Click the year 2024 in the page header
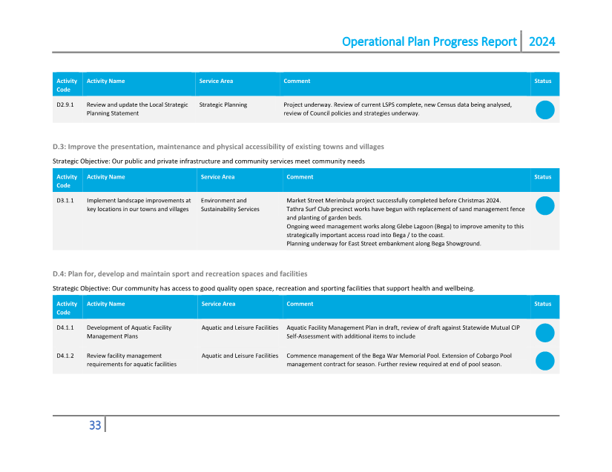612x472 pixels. click(x=542, y=41)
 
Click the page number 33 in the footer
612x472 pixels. click(x=95, y=425)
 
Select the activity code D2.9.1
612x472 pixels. click(x=65, y=105)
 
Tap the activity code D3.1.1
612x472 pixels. click(x=65, y=201)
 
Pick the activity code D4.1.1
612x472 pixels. click(x=65, y=328)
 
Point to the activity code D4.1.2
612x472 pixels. click(x=65, y=356)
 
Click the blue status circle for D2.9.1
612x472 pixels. click(x=544, y=110)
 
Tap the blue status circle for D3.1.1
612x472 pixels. click(x=544, y=206)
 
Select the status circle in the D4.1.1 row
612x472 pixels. click(x=544, y=333)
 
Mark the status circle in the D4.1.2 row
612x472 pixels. click(x=544, y=361)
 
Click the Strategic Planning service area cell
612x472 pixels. click(x=223, y=105)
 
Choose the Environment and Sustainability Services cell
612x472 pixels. click(x=230, y=205)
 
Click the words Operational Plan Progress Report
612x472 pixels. click(x=429, y=41)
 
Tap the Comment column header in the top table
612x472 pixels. click(x=297, y=81)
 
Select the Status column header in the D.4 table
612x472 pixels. click(x=542, y=304)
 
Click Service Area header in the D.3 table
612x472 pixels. click(x=217, y=177)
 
